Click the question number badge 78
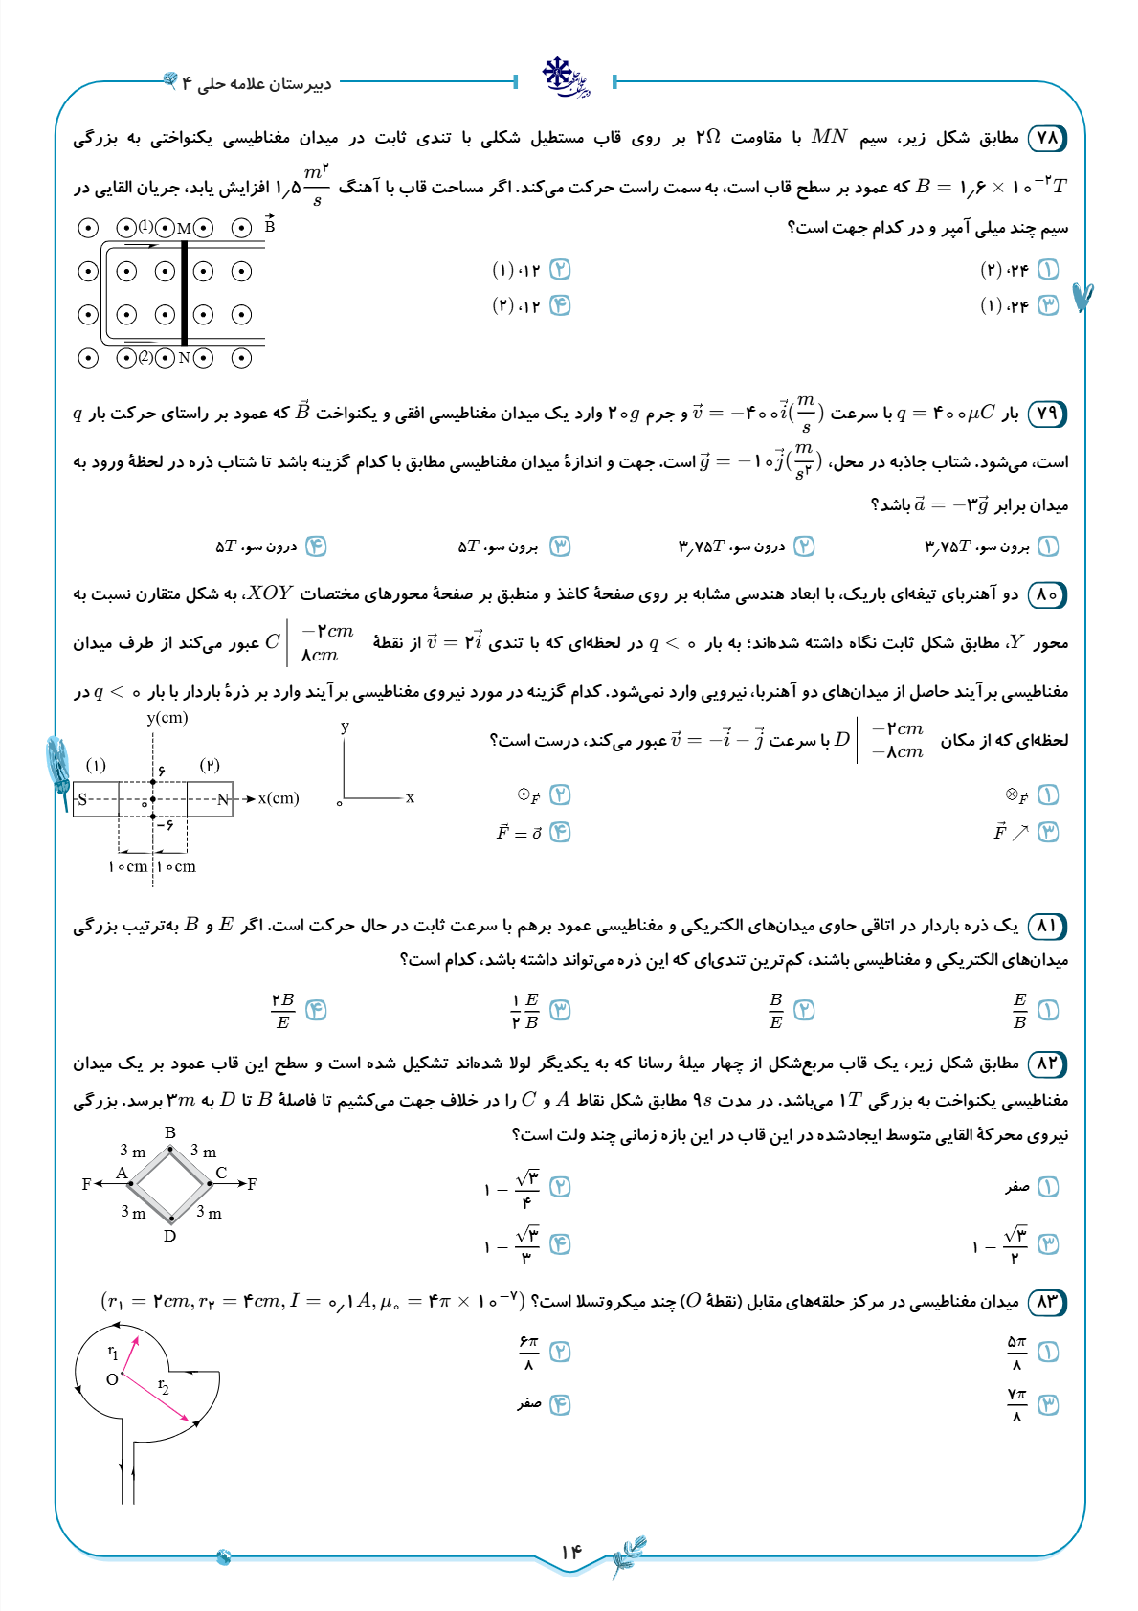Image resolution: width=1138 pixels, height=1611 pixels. tap(1047, 138)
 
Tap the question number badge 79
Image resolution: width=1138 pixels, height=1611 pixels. tap(1047, 414)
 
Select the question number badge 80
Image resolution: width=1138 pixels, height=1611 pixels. tap(1047, 594)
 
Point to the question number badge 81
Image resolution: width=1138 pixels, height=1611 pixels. tap(1047, 926)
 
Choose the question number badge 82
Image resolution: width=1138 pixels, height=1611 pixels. tap(1047, 1063)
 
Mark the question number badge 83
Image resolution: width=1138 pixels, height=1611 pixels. tap(1047, 1302)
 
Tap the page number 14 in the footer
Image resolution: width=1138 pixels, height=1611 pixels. tap(570, 1552)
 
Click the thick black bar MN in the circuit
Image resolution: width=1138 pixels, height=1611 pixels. tap(184, 292)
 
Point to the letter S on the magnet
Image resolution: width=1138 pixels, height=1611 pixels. tap(82, 799)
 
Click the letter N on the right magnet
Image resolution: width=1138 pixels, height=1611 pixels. tap(222, 799)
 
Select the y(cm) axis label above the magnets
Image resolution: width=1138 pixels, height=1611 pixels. tap(167, 718)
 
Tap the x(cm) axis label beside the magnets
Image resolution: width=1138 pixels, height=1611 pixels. tap(279, 798)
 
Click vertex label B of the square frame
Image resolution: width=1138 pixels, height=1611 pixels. tap(170, 1132)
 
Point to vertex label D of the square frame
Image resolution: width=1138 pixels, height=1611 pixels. tap(169, 1236)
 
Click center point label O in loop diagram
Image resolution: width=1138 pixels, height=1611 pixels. tap(112, 1379)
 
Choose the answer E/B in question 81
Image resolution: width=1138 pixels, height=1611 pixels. tap(1019, 1011)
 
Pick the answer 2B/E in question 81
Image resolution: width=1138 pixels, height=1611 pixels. tap(282, 1011)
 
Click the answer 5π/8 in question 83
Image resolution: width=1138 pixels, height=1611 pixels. tap(1016, 1353)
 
